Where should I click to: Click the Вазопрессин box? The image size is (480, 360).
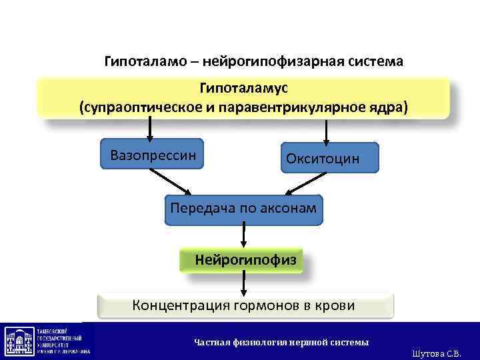[x=153, y=155]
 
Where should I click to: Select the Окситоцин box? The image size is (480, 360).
[x=329, y=159]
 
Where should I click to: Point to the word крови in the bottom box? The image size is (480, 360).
[x=338, y=306]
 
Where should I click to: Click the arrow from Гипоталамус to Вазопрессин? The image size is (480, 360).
[x=150, y=129]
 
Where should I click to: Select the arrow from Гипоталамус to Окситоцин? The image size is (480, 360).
[x=327, y=131]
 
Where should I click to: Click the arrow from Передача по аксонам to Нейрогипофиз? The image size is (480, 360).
[x=244, y=237]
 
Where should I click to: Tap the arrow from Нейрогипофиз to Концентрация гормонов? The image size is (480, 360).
[x=244, y=283]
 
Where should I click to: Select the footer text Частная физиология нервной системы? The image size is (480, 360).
[x=281, y=342]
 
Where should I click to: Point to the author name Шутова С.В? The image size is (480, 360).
[x=437, y=353]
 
